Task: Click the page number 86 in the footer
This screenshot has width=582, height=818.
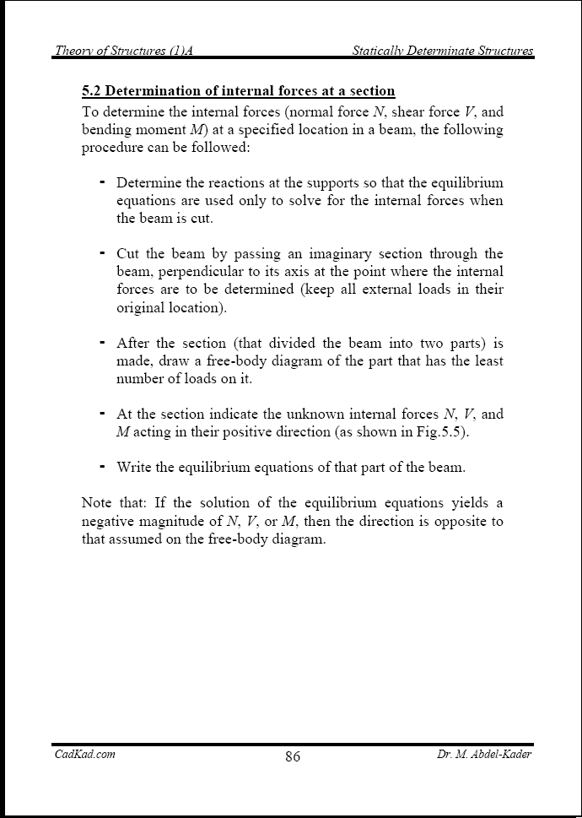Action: [x=293, y=756]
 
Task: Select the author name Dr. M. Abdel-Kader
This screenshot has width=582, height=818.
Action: [x=479, y=754]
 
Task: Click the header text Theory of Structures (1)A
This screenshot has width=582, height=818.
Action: [x=124, y=51]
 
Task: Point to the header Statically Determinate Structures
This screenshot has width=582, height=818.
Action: [x=442, y=51]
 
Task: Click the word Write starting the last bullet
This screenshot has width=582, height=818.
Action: [x=134, y=467]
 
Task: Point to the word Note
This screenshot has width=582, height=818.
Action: [x=97, y=503]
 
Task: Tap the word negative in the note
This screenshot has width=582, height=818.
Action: [x=109, y=522]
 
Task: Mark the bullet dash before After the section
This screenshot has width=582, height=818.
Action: [x=102, y=343]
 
